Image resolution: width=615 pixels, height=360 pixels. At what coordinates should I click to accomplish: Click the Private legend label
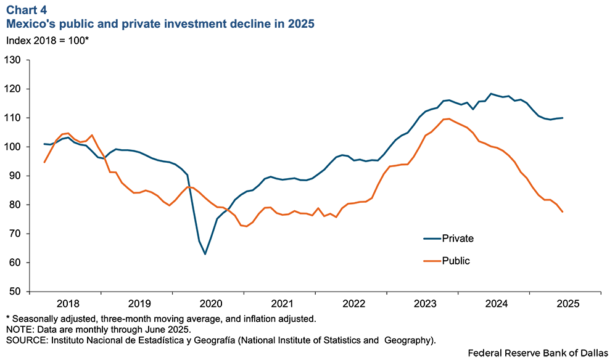pyautogui.click(x=458, y=239)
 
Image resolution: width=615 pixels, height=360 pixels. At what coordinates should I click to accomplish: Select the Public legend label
pyautogui.click(x=456, y=261)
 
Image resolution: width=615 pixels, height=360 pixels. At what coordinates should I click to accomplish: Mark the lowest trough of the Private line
pyautogui.click(x=205, y=254)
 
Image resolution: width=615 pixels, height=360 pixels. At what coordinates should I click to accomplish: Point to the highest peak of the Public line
pyautogui.click(x=448, y=119)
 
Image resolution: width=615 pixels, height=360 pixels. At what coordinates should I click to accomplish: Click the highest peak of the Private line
pyautogui.click(x=491, y=94)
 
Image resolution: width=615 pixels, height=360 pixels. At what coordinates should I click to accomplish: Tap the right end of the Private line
pyautogui.click(x=563, y=118)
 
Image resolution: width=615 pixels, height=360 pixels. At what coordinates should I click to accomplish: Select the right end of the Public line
pyautogui.click(x=563, y=212)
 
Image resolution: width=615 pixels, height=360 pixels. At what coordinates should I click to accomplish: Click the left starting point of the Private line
pyautogui.click(x=44, y=144)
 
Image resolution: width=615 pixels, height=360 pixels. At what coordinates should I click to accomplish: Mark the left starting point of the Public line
pyautogui.click(x=44, y=162)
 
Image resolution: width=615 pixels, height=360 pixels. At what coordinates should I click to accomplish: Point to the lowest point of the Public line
pyautogui.click(x=247, y=226)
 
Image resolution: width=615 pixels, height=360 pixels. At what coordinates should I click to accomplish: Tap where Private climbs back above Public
pyautogui.click(x=228, y=210)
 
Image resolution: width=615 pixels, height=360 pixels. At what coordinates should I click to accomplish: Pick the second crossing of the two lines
pyautogui.click(x=104, y=157)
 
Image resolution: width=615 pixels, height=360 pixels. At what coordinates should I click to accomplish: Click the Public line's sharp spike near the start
pyautogui.click(x=92, y=135)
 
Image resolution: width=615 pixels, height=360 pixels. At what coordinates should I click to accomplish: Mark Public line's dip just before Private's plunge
pyautogui.click(x=170, y=205)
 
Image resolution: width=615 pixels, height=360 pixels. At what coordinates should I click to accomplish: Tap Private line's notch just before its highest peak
pyautogui.click(x=473, y=109)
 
